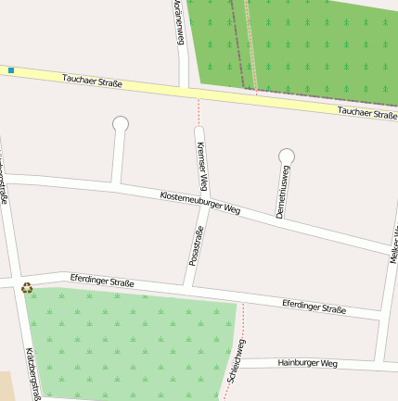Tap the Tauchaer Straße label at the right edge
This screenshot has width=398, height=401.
[x=367, y=113]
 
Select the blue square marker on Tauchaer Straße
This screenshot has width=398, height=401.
[x=11, y=70]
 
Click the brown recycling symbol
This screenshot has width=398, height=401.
[x=27, y=287]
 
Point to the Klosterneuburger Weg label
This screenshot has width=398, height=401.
[x=200, y=203]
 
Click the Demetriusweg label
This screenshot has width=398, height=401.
[x=283, y=193]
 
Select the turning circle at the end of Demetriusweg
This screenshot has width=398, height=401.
[x=287, y=157]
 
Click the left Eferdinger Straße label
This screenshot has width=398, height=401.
[x=102, y=280]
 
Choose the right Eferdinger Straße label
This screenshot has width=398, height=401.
[x=314, y=307]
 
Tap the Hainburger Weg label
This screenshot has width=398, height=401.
[x=307, y=363]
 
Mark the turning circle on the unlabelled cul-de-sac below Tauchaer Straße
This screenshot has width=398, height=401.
[x=120, y=123]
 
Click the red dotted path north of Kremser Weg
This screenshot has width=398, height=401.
[x=199, y=112]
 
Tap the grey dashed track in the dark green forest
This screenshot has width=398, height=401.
[x=250, y=46]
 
